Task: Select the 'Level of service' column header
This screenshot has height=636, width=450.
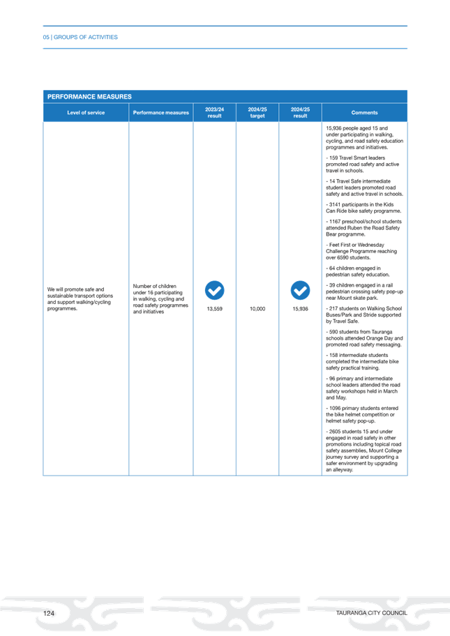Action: tap(86, 112)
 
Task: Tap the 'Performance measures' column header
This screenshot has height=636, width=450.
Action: tap(160, 112)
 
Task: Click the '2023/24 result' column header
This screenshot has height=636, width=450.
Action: tap(214, 112)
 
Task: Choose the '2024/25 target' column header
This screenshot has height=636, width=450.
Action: tap(257, 112)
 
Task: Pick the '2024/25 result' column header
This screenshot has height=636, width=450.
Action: tap(300, 112)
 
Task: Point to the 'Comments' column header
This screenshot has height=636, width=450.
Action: tap(364, 112)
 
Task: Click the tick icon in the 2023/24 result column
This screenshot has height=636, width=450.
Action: tap(214, 289)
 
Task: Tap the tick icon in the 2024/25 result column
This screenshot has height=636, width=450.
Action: tap(300, 289)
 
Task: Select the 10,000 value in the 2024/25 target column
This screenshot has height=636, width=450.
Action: tap(257, 308)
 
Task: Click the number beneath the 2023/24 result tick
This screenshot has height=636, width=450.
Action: tap(214, 308)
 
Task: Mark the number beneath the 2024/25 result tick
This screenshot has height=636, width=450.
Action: tap(300, 308)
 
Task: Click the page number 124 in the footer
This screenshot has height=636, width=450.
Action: tap(49, 612)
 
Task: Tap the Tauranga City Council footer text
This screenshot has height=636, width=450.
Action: tap(370, 612)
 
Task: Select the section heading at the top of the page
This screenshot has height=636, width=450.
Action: tap(80, 37)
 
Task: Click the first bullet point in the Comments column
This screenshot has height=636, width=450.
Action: tap(364, 137)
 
